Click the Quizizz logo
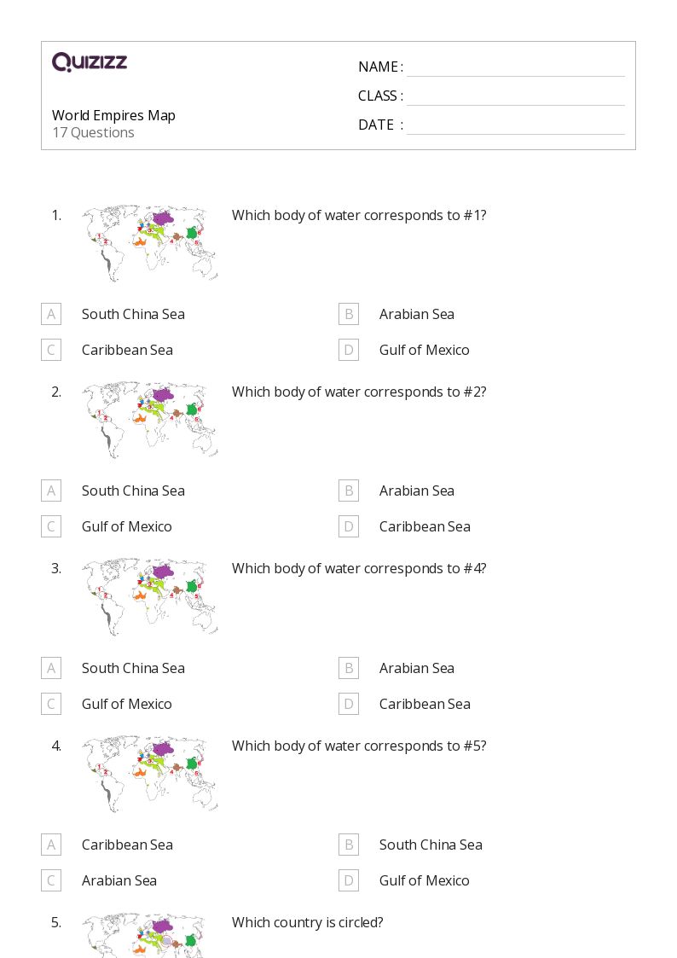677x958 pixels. (x=90, y=62)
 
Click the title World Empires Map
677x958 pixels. (x=113, y=115)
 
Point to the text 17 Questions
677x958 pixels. (x=93, y=132)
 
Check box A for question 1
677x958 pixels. (x=51, y=314)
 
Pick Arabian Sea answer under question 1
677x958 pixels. (x=416, y=314)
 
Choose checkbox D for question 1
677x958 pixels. (x=348, y=350)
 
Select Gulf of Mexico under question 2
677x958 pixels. (x=126, y=526)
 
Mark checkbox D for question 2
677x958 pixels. (x=348, y=526)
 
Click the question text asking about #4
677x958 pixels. (x=359, y=568)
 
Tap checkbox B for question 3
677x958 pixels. (x=348, y=668)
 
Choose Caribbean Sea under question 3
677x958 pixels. (x=425, y=704)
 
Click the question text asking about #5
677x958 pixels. (x=359, y=746)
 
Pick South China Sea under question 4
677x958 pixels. (x=431, y=845)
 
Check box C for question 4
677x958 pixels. (x=51, y=880)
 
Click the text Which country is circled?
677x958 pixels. (x=307, y=922)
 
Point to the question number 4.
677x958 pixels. (x=56, y=746)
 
